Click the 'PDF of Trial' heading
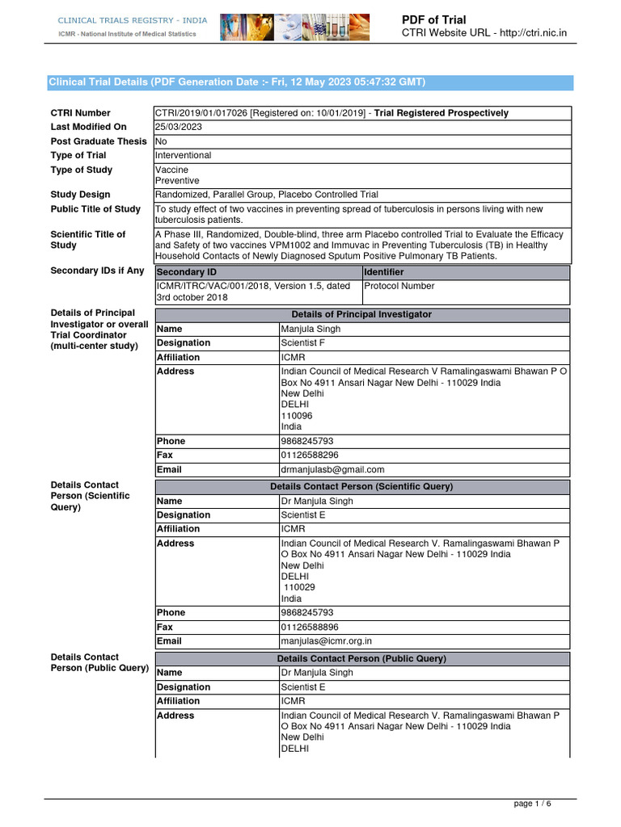pos(445,19)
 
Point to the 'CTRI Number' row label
pos(81,113)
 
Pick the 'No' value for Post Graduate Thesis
pos(161,141)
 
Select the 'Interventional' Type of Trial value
pos(184,155)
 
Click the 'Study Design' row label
pos(80,195)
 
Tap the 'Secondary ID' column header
pos(186,273)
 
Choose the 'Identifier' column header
pos(384,273)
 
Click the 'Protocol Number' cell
pos(399,286)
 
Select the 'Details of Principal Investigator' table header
pos(362,314)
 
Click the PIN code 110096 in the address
pos(297,416)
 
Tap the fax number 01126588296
pos(310,455)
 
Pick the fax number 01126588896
pos(310,627)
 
